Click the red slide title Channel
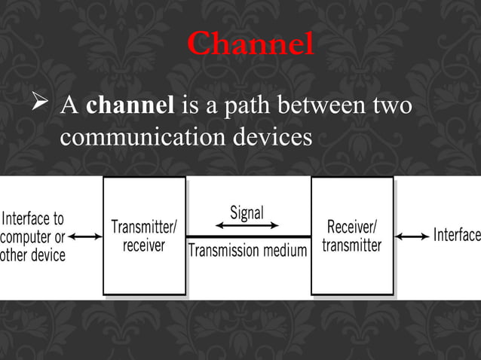pos(250,44)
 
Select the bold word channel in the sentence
pos(130,106)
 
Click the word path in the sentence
pos(239,106)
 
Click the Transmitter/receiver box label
pos(144,236)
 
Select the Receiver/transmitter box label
pos(352,236)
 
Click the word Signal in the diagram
pos(247,212)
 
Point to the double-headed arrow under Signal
pos(247,225)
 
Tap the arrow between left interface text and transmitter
pos(85,236)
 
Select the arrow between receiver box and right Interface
pos(412,236)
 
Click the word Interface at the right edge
pos(456,235)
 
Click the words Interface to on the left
pos(33,219)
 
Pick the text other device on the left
pos(33,255)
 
